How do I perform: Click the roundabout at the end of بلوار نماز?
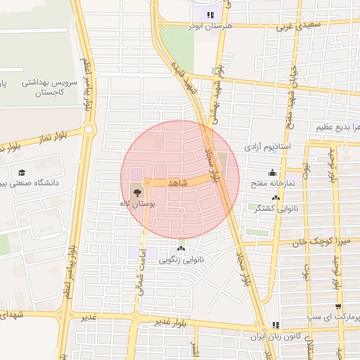pyautogui.click(x=89, y=129)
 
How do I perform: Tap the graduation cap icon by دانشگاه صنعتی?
pyautogui.click(x=22, y=172)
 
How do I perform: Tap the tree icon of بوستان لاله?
pyautogui.click(x=136, y=190)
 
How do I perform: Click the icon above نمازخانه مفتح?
pyautogui.click(x=272, y=173)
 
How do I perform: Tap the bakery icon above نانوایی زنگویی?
pyautogui.click(x=181, y=248)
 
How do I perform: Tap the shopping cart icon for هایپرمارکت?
pyautogui.click(x=340, y=306)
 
